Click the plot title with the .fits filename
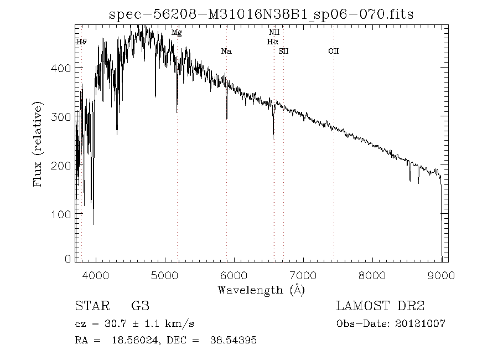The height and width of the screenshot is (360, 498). [261, 14]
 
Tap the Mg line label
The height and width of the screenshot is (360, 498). [177, 33]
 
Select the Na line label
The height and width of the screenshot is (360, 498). [226, 52]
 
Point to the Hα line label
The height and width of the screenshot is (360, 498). [272, 42]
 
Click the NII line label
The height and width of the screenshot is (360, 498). [274, 33]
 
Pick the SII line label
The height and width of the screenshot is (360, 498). [284, 52]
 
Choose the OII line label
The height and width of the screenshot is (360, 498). [333, 52]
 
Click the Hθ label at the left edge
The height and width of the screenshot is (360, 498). [81, 42]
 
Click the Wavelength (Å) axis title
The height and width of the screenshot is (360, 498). [261, 290]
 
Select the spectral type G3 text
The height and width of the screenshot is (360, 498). [140, 306]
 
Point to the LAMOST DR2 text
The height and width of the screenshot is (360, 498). [380, 306]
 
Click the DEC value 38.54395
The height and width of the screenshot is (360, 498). [233, 340]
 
